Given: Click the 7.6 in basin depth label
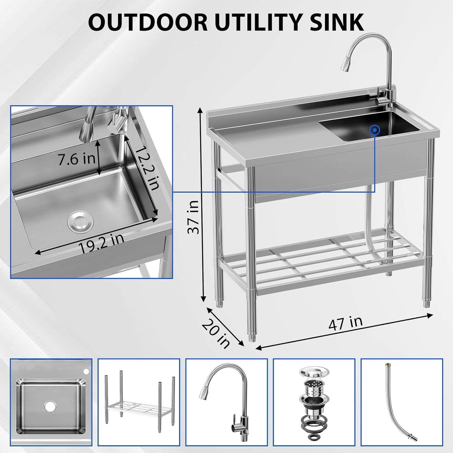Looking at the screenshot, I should coord(76,159).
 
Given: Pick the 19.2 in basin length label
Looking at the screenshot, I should coord(101,243).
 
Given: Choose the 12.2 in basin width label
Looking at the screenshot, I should coord(147,168).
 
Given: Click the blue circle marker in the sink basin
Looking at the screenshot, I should coord(375,130).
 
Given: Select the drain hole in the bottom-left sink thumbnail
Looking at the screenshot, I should coord(48,406).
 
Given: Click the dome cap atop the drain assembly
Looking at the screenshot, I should coord(313,372).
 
